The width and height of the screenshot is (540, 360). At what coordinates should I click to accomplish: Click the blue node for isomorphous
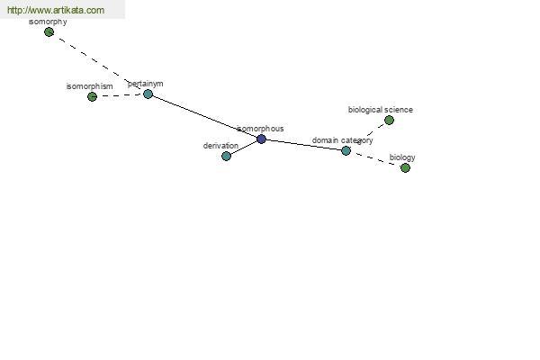pos(261,139)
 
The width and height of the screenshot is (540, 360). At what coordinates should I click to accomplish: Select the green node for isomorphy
pos(49,32)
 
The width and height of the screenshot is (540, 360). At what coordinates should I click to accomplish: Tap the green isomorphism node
pos(92,97)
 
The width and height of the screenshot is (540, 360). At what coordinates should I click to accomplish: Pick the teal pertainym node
pos(148,94)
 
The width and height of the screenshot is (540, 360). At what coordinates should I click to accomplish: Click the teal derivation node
pos(226,156)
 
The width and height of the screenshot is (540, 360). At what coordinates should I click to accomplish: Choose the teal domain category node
pos(346,150)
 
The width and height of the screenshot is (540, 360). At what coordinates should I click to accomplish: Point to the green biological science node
pos(389,121)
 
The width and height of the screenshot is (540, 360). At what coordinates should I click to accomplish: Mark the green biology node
pos(405,167)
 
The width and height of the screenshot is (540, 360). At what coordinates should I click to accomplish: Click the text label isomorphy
pos(48,22)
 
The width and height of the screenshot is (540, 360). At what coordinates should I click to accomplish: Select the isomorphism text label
pos(89,86)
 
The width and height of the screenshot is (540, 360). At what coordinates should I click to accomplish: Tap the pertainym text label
pos(145,84)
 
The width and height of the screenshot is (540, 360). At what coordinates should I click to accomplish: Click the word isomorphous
pos(260,129)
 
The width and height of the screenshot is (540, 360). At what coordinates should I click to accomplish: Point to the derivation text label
pos(220,146)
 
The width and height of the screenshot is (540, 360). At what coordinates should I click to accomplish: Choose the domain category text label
pos(342,140)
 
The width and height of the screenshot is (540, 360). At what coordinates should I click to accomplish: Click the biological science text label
pos(381,110)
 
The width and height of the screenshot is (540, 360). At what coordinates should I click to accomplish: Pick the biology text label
pos(402,157)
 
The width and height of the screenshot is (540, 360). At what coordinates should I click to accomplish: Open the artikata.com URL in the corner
pos(56,10)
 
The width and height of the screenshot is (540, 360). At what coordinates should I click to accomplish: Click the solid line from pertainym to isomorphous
pos(204,116)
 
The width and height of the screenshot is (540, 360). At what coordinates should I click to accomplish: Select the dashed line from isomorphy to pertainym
pos(98,63)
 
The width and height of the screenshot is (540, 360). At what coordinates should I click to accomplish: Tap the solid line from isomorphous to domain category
pos(304,145)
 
